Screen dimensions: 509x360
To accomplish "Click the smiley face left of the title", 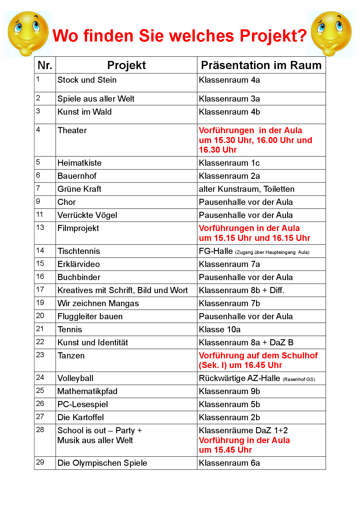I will point(28,33).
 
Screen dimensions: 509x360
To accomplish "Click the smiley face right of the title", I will point(331,33).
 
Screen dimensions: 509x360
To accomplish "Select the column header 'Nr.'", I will point(45,65).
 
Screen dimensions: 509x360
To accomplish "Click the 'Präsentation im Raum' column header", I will point(261,65).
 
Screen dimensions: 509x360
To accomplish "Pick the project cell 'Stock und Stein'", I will point(87,80).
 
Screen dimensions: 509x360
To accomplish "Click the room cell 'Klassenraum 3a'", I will point(229,99).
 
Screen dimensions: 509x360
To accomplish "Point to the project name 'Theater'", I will point(72,130).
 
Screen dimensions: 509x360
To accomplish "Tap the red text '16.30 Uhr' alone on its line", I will point(218,150).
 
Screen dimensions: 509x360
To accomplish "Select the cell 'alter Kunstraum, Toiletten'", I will point(246,189).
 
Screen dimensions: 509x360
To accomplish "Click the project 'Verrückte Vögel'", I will point(87,215).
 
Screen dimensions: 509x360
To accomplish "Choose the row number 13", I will point(40,227).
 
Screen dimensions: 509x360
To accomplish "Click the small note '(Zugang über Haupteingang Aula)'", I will point(272,252).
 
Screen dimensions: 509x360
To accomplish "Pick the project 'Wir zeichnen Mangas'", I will point(98,303).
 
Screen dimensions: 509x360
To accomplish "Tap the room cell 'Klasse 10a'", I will point(219,329).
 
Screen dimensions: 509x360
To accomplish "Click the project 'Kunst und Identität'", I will point(93,342).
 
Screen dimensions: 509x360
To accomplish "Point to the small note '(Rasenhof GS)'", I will point(299,379).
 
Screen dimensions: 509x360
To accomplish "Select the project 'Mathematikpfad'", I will point(87,391).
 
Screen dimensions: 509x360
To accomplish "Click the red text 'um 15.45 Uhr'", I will point(225,450).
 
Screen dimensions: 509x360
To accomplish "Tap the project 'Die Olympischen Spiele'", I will point(102,463).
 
